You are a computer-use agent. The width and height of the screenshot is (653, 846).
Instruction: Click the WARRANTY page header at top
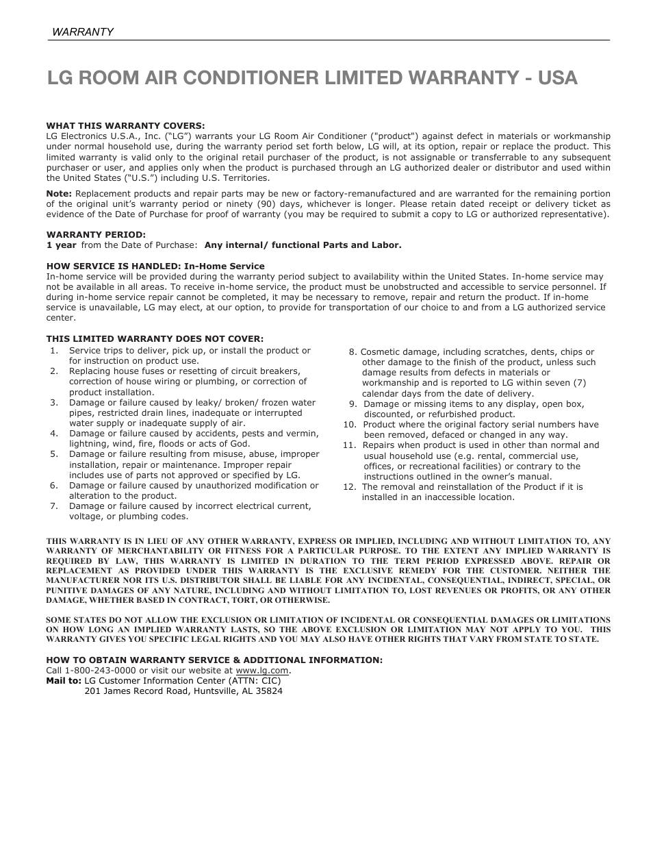[83, 32]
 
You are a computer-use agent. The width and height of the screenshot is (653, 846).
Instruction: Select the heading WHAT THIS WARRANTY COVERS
[125, 125]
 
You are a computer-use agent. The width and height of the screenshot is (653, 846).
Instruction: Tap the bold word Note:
[59, 194]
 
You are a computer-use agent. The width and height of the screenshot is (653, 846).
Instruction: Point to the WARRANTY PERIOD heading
[96, 234]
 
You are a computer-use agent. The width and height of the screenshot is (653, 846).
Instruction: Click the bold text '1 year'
[61, 245]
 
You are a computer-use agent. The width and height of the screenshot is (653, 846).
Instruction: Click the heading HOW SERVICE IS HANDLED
[155, 266]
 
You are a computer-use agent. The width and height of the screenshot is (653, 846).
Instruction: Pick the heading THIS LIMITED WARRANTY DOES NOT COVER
[155, 338]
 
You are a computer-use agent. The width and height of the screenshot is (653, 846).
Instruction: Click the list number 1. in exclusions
[54, 351]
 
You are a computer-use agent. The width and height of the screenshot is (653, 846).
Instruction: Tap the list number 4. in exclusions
[54, 434]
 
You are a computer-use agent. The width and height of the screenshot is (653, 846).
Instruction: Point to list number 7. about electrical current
[54, 506]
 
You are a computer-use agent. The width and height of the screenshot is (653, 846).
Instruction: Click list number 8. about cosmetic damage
[353, 352]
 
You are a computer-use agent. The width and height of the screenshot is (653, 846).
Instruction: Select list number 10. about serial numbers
[350, 425]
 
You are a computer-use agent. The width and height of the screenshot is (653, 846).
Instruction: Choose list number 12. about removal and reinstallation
[350, 487]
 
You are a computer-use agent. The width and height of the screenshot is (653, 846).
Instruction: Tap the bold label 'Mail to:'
[64, 681]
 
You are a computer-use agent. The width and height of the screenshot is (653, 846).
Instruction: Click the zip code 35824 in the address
[269, 691]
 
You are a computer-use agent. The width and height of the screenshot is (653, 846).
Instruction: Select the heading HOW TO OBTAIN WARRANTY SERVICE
[214, 660]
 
